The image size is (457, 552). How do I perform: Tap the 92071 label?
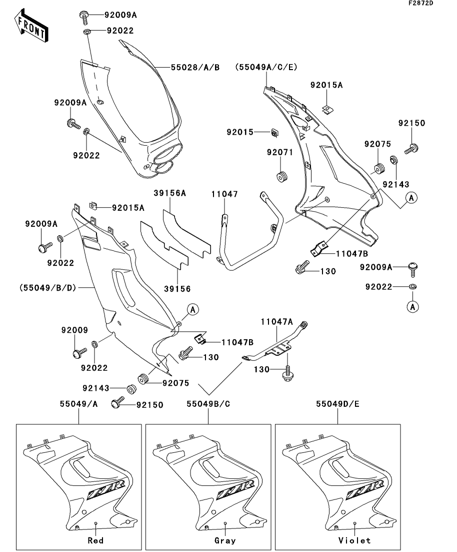click(279, 152)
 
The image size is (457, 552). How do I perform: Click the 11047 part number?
click(224, 194)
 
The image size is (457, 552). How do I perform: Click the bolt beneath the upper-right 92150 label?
click(411, 148)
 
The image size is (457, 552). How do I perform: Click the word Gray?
click(224, 540)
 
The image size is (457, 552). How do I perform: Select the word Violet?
click(354, 540)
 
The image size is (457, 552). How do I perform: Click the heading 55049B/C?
click(208, 404)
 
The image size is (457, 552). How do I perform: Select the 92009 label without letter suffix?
click(74, 330)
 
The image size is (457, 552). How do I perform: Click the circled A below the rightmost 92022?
click(413, 306)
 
